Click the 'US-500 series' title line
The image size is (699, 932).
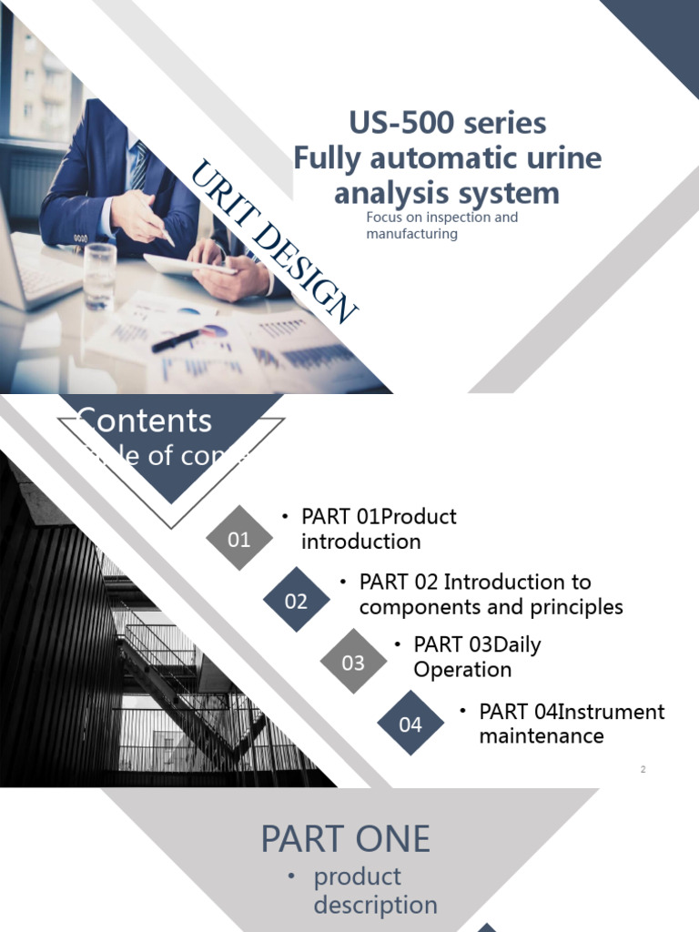tap(447, 123)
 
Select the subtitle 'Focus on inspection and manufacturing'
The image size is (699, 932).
tap(441, 226)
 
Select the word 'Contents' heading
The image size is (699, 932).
tap(145, 420)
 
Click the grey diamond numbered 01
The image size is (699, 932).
tap(239, 539)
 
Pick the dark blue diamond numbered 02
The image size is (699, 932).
tap(296, 601)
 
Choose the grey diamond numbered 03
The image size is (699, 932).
tap(353, 663)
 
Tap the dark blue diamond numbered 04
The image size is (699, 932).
tap(410, 724)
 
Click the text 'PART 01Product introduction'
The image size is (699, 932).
tap(379, 529)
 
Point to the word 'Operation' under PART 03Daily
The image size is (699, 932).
tap(462, 670)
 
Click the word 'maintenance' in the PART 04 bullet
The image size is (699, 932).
tap(542, 735)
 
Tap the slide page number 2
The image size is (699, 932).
tap(643, 770)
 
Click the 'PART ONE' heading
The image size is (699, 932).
tap(346, 839)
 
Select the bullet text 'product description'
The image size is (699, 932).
tap(375, 891)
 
